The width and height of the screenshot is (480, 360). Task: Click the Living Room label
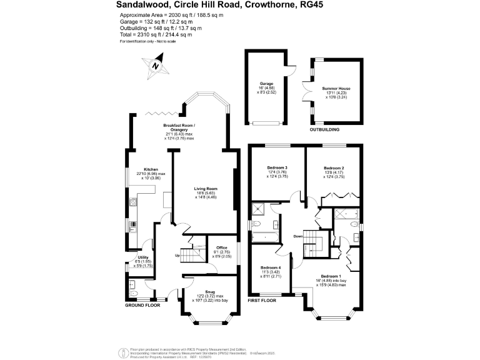click(205, 189)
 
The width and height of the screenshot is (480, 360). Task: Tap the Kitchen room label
click(151, 170)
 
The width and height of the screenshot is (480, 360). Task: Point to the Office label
click(222, 248)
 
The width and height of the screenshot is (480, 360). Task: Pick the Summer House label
click(336, 89)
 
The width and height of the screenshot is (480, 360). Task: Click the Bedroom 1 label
click(331, 276)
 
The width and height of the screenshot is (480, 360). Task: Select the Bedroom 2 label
click(334, 169)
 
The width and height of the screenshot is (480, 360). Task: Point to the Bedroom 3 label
click(277, 168)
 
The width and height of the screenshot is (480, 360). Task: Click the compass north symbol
click(157, 65)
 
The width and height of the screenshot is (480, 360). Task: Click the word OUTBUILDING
click(324, 130)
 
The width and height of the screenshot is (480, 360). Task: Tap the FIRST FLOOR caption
click(262, 301)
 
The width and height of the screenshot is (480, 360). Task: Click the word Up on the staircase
click(177, 256)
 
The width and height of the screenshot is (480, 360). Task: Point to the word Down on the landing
click(298, 236)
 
